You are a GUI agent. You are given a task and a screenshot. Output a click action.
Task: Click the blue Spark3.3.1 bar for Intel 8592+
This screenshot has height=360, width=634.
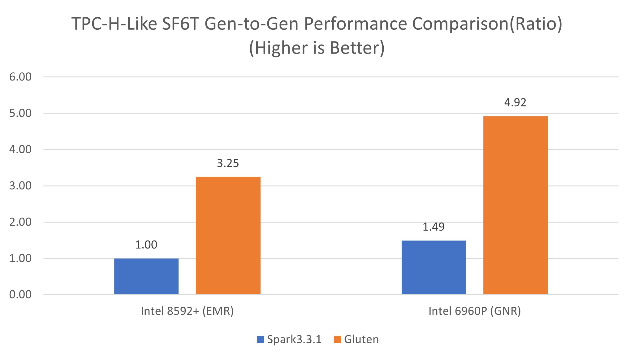[146, 276]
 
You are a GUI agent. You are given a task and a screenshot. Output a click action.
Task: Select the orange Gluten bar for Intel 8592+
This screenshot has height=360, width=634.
[228, 235]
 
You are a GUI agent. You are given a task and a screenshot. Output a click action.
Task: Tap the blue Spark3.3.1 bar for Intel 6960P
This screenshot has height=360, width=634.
[433, 267]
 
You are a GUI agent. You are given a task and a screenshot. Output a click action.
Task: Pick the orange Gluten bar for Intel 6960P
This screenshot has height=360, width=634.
[515, 205]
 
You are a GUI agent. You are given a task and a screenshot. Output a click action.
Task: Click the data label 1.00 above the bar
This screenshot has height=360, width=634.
[146, 245]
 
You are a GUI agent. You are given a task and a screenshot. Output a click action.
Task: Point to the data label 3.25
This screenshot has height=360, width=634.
[228, 163]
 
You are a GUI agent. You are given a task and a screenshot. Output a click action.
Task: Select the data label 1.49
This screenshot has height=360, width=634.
[433, 227]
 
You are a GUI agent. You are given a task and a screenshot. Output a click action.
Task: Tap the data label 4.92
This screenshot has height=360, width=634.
[515, 102]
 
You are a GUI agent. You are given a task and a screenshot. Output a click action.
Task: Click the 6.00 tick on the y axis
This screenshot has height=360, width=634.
[20, 77]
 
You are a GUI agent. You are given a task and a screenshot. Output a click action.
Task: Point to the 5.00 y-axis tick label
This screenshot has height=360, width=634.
[20, 113]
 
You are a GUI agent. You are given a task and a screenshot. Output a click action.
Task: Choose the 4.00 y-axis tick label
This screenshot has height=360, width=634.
[20, 150]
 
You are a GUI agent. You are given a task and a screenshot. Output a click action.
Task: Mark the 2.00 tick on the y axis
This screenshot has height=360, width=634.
[20, 222]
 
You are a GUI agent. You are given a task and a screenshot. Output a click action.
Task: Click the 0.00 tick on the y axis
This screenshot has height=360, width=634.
[20, 294]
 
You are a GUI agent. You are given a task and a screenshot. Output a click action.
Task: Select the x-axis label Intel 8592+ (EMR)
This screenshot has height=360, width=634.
[187, 311]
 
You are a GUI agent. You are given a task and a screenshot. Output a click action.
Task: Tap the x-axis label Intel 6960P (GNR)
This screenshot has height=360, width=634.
[475, 311]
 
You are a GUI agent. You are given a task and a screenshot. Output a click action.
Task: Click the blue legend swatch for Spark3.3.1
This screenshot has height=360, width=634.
[261, 340]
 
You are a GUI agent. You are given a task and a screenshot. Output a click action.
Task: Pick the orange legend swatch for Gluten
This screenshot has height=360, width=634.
[338, 340]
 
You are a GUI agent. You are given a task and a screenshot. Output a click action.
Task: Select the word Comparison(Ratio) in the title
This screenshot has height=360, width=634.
[487, 24]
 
